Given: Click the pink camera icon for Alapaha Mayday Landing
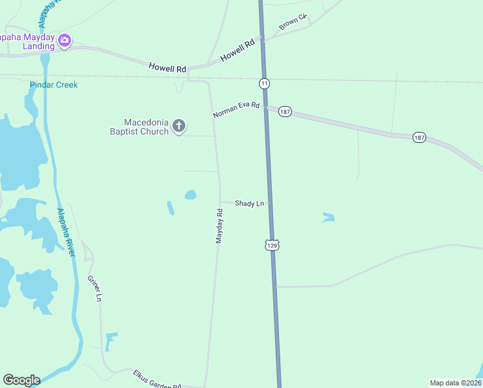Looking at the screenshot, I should (65, 41).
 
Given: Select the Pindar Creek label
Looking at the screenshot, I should (53, 85).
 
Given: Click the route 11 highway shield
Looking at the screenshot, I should (264, 83).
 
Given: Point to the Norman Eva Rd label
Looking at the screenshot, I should (236, 110).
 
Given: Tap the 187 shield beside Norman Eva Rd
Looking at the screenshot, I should (285, 112).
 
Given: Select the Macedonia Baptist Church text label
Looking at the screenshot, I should (138, 127).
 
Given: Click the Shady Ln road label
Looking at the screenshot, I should (249, 203).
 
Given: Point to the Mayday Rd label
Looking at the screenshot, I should (220, 226).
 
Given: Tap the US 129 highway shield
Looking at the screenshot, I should (272, 245).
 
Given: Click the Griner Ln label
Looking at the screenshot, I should (94, 288).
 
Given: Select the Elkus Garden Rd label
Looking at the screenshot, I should (157, 380).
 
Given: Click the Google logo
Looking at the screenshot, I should (21, 380).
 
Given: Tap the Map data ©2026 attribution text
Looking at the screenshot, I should (455, 382).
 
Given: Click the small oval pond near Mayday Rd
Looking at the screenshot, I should (190, 195).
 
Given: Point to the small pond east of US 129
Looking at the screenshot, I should (328, 218).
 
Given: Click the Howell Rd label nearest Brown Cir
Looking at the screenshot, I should (240, 48).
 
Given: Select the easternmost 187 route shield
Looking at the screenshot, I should (420, 138).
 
